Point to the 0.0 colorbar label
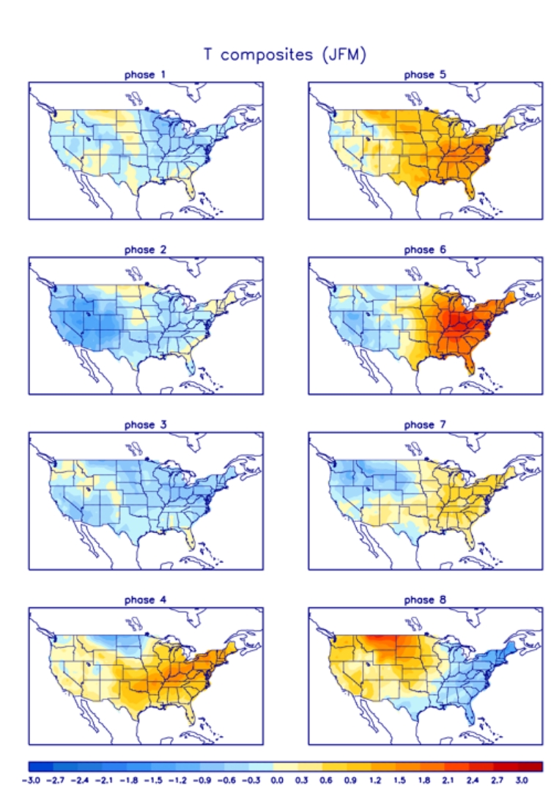276,782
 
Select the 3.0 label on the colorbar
522,782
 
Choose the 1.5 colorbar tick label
399,782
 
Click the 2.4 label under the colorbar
473,782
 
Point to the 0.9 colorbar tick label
350,782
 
